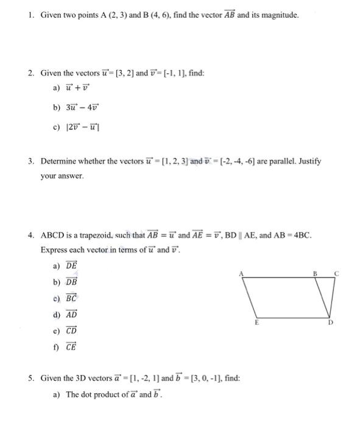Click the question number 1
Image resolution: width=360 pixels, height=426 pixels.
30,15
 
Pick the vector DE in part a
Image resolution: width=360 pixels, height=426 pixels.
72,266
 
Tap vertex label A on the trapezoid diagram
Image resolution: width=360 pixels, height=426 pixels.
241,274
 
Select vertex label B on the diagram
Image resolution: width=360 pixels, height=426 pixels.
316,274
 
